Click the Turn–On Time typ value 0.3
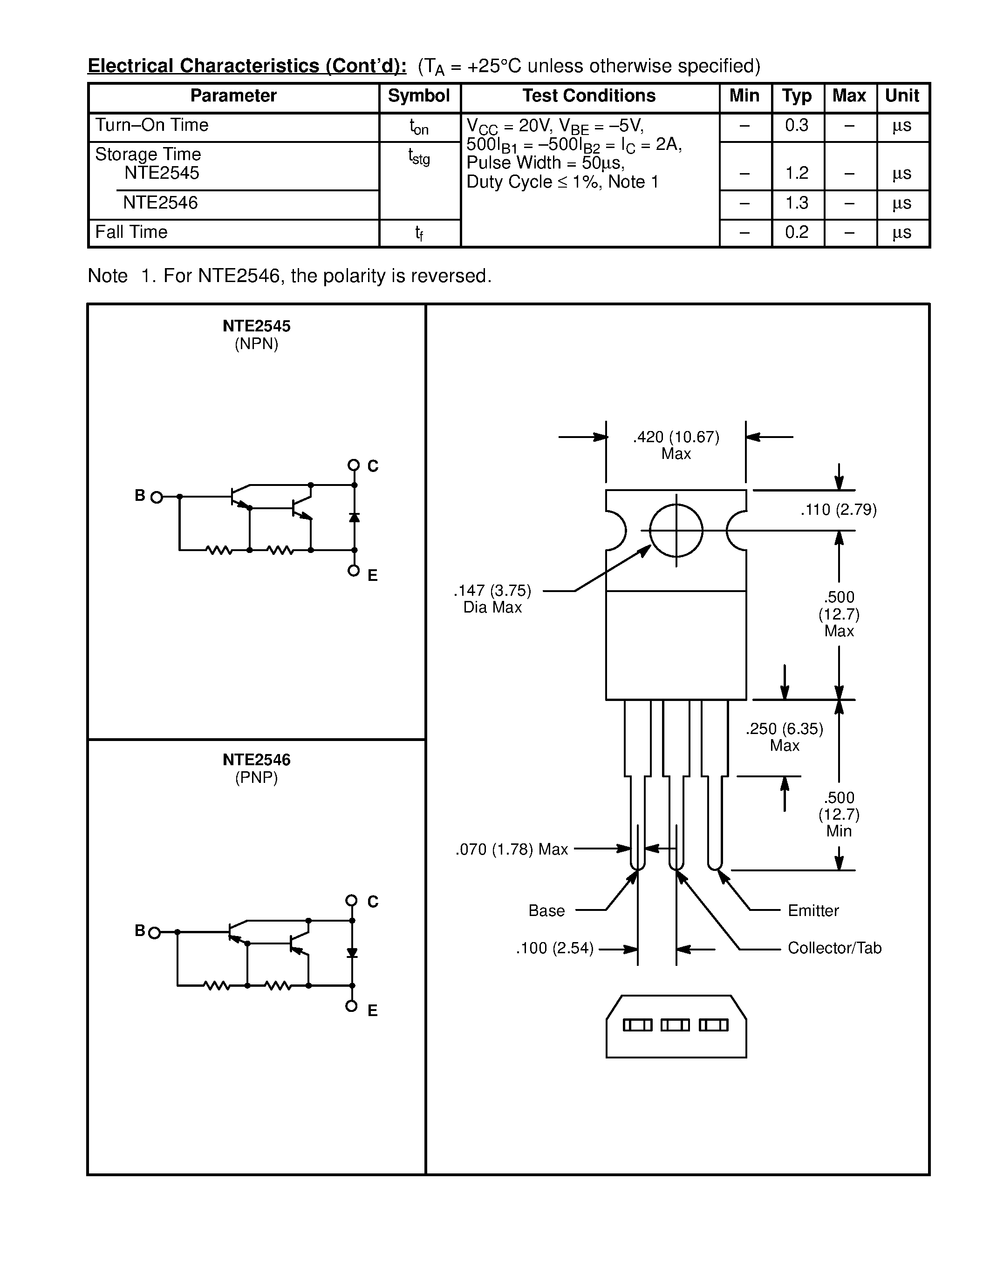797,125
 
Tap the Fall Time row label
131,232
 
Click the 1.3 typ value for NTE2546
797,203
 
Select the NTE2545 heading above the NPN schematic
256,326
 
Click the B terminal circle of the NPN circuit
157,498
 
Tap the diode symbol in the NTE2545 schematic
354,518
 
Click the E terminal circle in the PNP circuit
351,1006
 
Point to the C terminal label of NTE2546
372,902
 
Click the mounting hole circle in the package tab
676,531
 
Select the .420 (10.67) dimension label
676,437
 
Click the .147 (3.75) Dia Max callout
492,599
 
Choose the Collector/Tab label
834,948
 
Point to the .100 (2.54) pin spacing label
555,948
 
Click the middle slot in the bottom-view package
675,1025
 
